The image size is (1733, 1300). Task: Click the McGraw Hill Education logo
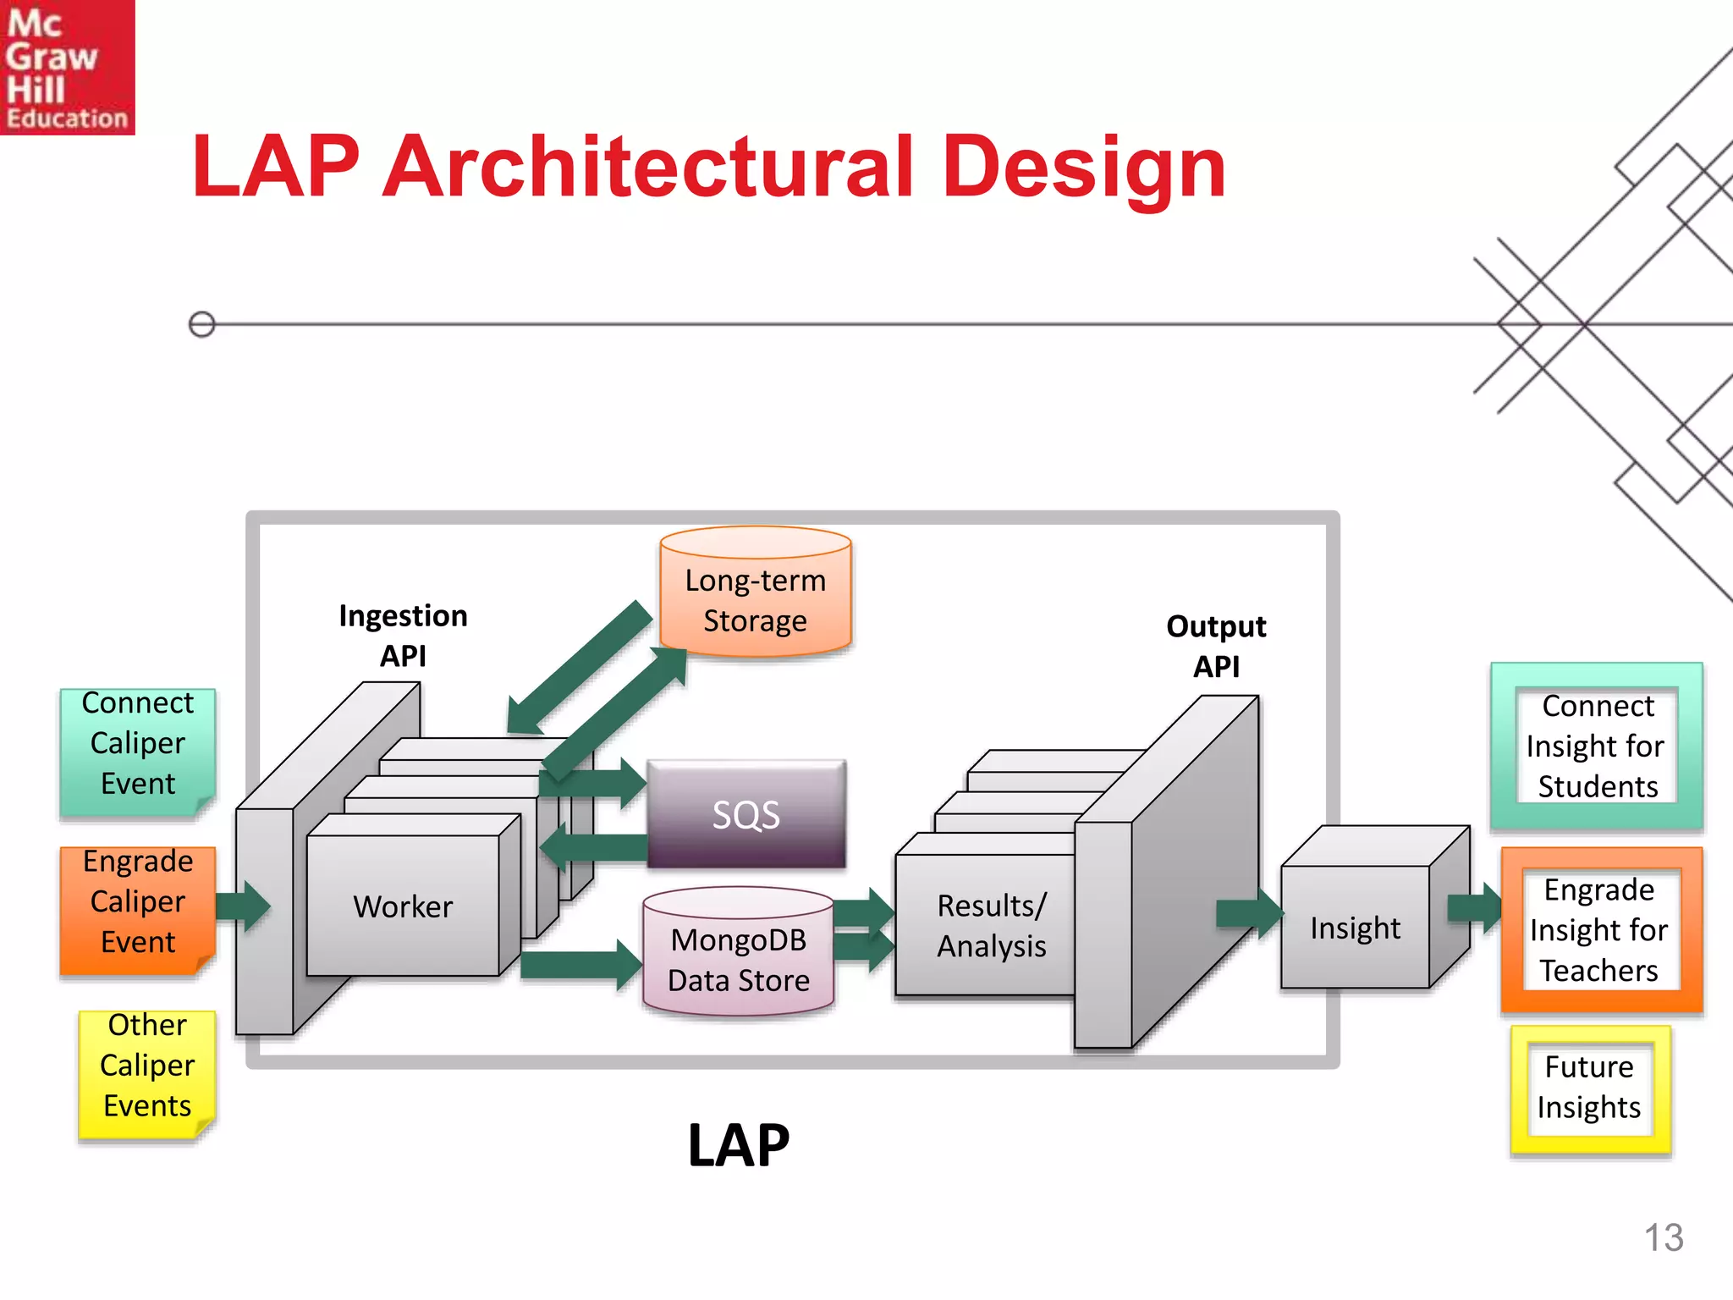pos(67,67)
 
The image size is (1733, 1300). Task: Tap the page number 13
pos(1663,1237)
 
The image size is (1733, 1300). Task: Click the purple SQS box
pos(745,814)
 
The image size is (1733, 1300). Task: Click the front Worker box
pos(403,906)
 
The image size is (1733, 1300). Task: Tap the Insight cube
pos(1356,927)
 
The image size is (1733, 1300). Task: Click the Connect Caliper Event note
pos(137,743)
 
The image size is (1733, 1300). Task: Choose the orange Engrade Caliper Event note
pos(137,902)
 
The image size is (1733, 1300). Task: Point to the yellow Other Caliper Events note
pos(146,1066)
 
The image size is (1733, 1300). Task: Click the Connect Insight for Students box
pos(1596,746)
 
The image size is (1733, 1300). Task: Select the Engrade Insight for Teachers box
pos(1599,929)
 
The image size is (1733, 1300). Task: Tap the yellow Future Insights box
pos(1589,1088)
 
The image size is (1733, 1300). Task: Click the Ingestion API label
pos(403,635)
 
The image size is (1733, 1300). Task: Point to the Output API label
pos(1216,646)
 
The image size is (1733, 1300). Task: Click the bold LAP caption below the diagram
pos(738,1145)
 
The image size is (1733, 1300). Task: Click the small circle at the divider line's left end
pos(201,324)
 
